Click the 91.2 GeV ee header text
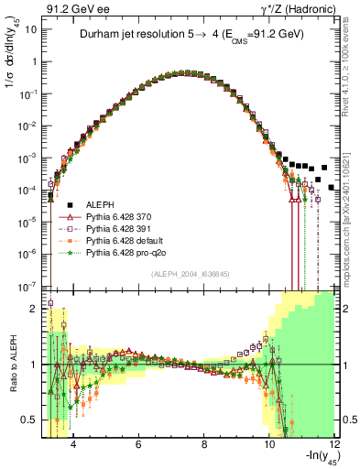[74, 8]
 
